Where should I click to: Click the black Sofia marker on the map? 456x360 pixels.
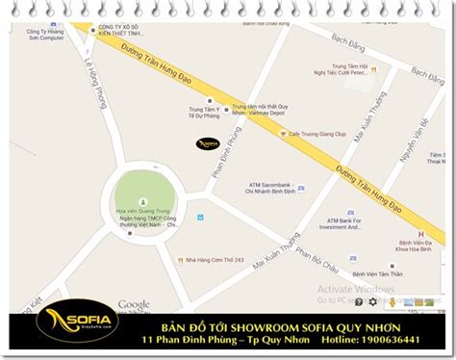[208, 143]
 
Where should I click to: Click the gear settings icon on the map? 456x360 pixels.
[373, 302]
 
